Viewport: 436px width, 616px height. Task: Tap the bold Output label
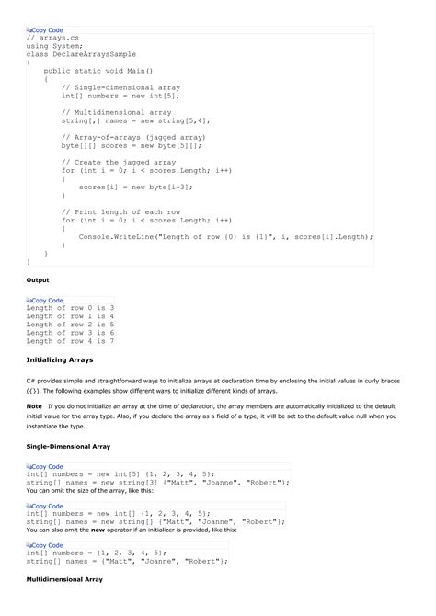coord(38,279)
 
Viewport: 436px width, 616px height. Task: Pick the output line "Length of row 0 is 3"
coord(70,307)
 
